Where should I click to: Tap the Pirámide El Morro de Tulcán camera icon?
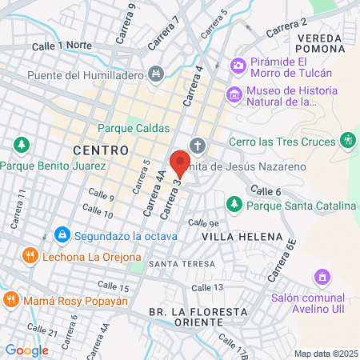pos(237,65)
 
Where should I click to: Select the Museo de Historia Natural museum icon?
pos(234,94)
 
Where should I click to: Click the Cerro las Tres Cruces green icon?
pos(347,141)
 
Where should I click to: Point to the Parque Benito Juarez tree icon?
pos(22,146)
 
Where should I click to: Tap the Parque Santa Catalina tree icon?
pos(234,205)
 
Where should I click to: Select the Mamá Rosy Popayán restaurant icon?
pos(10,300)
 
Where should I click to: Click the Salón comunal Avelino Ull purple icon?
pos(322,278)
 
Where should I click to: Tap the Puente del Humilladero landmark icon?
pos(156,74)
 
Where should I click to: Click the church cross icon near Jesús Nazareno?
pos(198,146)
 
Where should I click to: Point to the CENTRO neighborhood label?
pos(101,150)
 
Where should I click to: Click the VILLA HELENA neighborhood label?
pos(242,237)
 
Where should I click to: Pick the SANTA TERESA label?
pos(182,263)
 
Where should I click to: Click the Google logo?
pos(26,350)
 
